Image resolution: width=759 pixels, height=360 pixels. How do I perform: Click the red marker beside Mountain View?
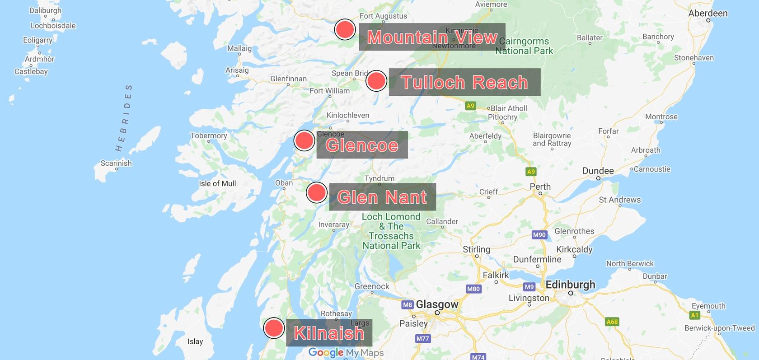coord(345,30)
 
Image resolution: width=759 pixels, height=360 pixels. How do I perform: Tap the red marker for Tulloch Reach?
coord(376,81)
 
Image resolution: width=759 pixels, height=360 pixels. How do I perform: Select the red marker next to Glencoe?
coord(304,140)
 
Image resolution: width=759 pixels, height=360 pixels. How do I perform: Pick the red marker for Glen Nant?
coord(316,193)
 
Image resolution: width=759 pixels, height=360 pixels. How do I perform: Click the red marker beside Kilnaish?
coord(273,328)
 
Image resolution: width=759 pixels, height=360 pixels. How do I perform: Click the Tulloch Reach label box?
coord(464,82)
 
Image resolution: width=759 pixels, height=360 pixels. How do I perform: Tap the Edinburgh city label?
coord(570,285)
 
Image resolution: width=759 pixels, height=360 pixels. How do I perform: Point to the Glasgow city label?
coord(437,304)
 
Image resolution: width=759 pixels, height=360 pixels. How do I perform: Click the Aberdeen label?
coord(707,14)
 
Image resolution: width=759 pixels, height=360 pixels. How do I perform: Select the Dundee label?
coord(598,171)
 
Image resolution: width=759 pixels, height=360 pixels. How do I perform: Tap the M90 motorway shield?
coord(539,235)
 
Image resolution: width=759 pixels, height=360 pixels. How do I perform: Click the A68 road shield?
coord(612,322)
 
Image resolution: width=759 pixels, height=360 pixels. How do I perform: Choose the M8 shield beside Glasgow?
coord(407,305)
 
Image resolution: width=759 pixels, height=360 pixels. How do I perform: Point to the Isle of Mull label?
coord(217,183)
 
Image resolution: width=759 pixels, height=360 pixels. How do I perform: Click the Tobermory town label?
coord(208,136)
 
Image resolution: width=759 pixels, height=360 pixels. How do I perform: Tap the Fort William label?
coord(329,91)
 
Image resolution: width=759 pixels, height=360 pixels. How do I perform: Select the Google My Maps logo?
coord(346,353)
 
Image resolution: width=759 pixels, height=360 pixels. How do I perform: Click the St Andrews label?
coord(619,200)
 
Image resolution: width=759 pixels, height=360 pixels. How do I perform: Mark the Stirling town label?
coord(476,249)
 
